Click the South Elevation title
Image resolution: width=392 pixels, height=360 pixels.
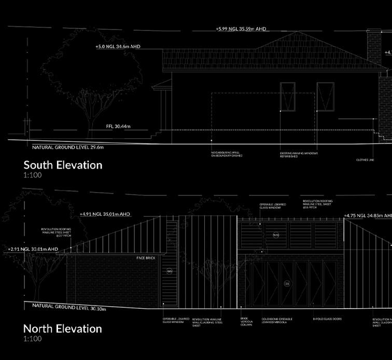pyautogui.click(x=63, y=165)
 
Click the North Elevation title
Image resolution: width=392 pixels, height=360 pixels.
pyautogui.click(x=62, y=328)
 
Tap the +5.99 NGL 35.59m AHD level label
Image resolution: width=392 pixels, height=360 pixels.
pyautogui.click(x=241, y=29)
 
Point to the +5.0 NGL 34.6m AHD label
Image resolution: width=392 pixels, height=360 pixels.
pyautogui.click(x=118, y=47)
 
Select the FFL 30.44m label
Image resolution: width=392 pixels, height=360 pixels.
pyautogui.click(x=118, y=126)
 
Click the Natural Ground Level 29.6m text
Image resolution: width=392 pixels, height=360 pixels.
pyautogui.click(x=68, y=148)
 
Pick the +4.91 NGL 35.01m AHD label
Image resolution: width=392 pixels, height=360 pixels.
pyautogui.click(x=105, y=213)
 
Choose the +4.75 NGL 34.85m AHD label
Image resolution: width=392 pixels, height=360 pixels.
pyautogui.click(x=367, y=215)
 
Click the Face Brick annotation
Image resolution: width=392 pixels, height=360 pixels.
pyautogui.click(x=146, y=257)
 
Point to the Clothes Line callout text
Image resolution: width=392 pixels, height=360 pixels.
pyautogui.click(x=365, y=160)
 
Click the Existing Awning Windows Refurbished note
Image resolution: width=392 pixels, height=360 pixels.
pyautogui.click(x=299, y=155)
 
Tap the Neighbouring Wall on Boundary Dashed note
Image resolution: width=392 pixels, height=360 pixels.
pyautogui.click(x=227, y=154)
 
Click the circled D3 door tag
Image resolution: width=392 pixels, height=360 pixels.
pyautogui.click(x=287, y=283)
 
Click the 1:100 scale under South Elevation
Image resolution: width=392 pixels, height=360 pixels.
pyautogui.click(x=32, y=176)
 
